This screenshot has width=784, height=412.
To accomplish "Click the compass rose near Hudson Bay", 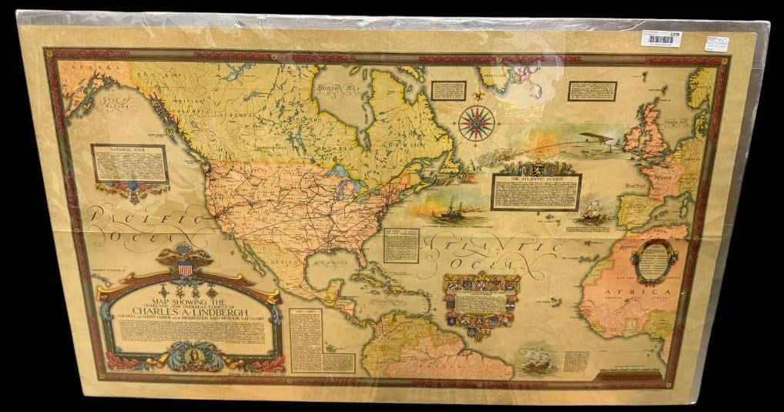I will [475, 122].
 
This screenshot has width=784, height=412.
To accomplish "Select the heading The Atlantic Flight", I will [537, 179].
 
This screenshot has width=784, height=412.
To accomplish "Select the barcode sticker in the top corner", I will [661, 39].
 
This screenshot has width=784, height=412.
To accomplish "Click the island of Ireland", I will [632, 139].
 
